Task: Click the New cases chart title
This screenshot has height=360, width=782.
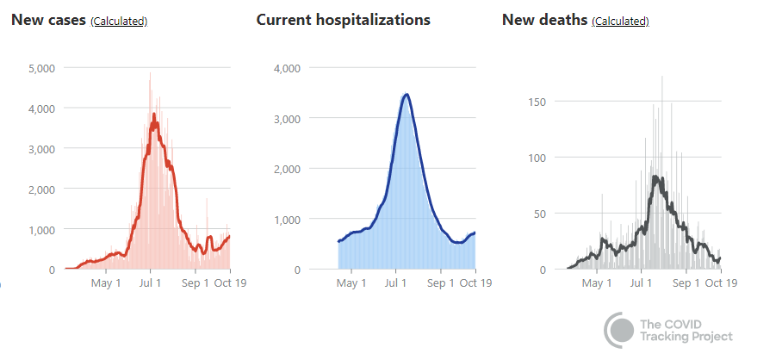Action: click(x=48, y=20)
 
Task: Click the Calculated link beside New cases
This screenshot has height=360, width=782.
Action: click(x=119, y=22)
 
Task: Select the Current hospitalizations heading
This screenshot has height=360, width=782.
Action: click(x=343, y=20)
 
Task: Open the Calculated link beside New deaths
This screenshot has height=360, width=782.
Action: click(x=620, y=22)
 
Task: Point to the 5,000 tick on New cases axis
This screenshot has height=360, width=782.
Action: click(x=41, y=68)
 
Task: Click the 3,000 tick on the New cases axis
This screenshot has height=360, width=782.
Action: click(x=41, y=149)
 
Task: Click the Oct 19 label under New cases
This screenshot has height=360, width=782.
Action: click(x=230, y=282)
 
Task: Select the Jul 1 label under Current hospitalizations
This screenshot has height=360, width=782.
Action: click(x=396, y=282)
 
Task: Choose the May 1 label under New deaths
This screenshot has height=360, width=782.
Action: click(x=596, y=282)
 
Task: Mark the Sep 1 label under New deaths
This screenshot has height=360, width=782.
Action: click(x=686, y=282)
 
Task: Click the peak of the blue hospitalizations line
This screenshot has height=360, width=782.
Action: click(x=406, y=94)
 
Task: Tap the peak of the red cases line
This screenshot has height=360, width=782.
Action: click(x=154, y=115)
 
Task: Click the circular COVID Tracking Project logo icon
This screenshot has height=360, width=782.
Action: click(x=619, y=329)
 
